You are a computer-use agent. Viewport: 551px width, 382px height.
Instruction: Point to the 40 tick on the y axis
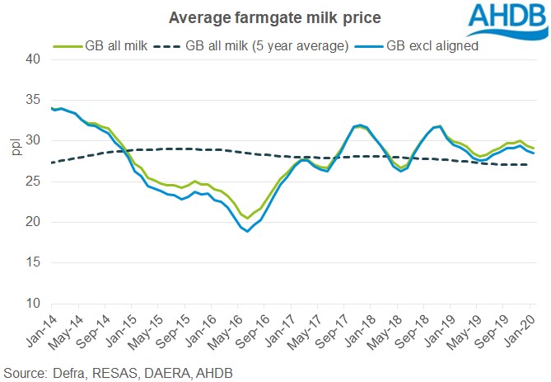point(33,59)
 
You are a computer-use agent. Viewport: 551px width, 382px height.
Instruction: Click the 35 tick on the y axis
point(33,100)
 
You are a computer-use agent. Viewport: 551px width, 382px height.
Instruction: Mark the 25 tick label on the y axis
point(33,182)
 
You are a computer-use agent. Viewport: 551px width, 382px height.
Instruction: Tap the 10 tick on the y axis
point(33,304)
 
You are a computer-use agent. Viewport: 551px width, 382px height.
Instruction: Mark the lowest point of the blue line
point(247,231)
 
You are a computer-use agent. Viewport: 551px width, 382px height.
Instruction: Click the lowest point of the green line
point(247,218)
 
